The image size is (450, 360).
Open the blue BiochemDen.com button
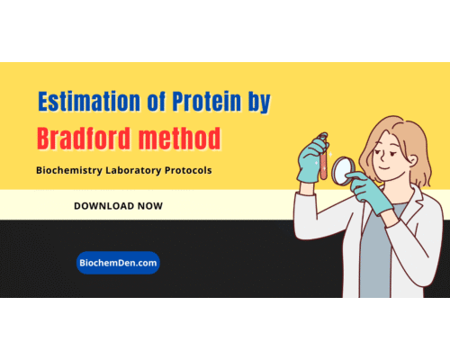point(118,262)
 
